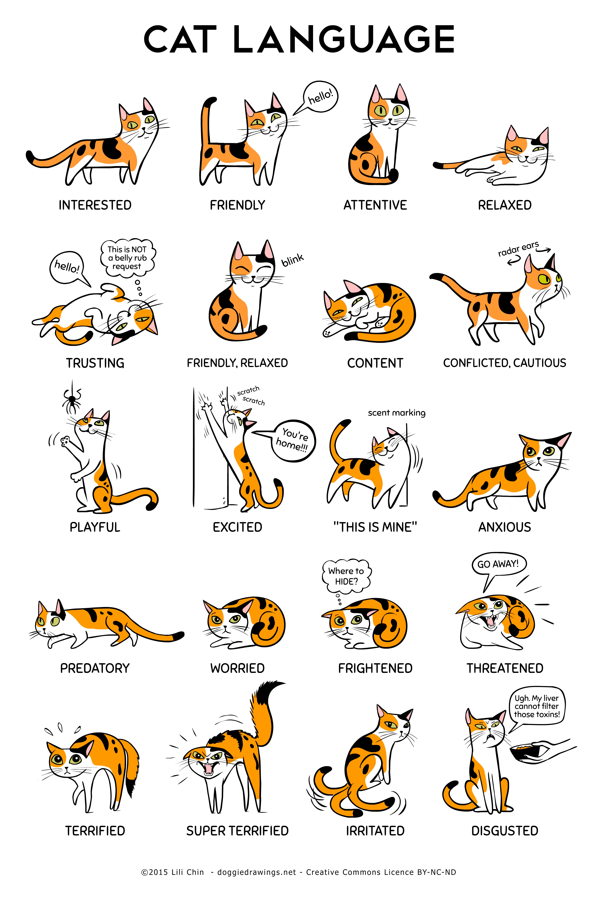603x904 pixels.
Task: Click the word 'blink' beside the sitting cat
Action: click(x=293, y=260)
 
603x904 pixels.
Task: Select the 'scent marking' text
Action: click(x=396, y=413)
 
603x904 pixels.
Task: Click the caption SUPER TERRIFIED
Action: click(x=237, y=831)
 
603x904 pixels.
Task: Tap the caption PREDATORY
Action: click(x=95, y=668)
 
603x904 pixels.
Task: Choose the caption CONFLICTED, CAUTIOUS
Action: click(x=505, y=363)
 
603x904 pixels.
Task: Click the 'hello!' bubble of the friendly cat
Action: click(x=320, y=97)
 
